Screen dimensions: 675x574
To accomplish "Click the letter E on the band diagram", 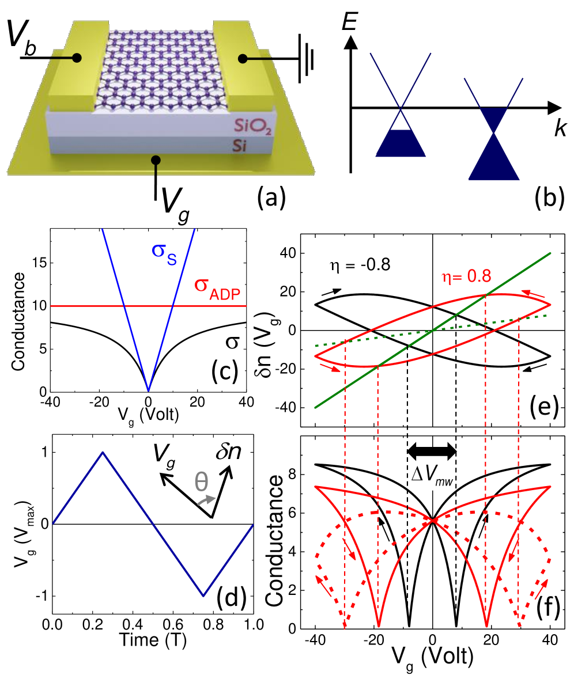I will [x=347, y=23].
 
